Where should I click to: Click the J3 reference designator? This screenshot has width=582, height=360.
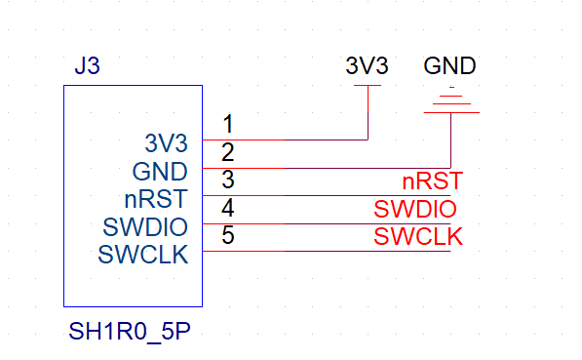(87, 67)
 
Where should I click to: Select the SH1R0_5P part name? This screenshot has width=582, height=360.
(129, 330)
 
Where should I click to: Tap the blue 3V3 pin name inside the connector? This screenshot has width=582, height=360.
(166, 144)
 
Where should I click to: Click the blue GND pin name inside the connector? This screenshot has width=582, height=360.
(160, 172)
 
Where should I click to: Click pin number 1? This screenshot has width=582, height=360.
(228, 125)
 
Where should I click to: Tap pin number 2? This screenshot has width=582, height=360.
(228, 152)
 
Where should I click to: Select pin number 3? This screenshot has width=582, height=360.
(228, 180)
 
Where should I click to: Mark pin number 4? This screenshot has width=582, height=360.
(228, 208)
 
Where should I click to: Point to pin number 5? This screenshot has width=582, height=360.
(228, 235)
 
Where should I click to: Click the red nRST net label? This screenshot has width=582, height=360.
(431, 181)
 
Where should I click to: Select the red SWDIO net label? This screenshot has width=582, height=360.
(415, 209)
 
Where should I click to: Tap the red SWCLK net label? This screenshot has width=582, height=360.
(418, 236)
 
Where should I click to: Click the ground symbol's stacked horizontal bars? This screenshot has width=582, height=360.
(450, 102)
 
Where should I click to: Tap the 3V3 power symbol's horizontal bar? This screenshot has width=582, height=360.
(368, 86)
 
